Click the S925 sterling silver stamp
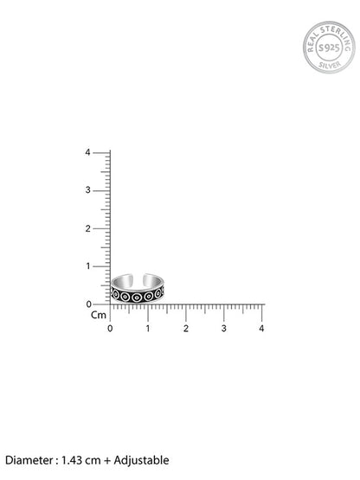click(x=329, y=48)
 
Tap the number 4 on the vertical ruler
click(x=88, y=152)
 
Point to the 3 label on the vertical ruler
click(x=88, y=190)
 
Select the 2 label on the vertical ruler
click(x=88, y=228)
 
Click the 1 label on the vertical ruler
click(x=88, y=266)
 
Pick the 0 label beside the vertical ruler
click(x=88, y=304)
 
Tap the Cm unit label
click(x=99, y=315)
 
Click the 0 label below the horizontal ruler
click(x=110, y=329)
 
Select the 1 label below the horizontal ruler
click(x=148, y=329)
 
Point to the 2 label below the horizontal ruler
click(x=186, y=329)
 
